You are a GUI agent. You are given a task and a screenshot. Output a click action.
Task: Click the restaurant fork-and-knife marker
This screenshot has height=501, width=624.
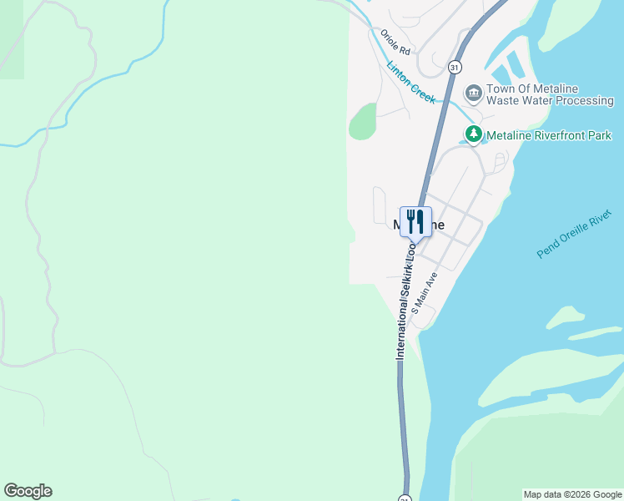coord(415,222)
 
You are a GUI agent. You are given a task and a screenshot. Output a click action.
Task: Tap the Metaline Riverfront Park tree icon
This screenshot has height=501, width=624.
coord(473,134)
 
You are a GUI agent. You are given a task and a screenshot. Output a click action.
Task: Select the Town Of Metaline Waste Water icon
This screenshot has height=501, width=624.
coord(473,92)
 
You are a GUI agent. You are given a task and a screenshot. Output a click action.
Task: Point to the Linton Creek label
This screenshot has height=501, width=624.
coord(410,82)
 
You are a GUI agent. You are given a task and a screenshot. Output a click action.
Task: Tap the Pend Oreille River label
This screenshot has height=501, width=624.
coord(574,235)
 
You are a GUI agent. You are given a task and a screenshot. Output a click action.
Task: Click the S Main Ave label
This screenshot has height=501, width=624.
coord(424,291)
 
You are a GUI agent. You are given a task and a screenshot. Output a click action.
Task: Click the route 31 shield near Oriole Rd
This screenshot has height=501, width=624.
coord(454,66)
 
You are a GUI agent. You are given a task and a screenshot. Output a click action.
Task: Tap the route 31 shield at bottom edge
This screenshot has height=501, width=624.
coord(405,498)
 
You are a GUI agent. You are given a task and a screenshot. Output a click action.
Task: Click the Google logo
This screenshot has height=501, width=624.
coord(28,491)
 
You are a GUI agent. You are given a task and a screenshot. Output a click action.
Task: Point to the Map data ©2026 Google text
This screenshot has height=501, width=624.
coord(571,494)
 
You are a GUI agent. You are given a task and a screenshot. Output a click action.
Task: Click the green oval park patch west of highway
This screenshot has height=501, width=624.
coord(363,121)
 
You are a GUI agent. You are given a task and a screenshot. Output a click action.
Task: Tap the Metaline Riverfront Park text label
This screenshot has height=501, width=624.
coord(549,135)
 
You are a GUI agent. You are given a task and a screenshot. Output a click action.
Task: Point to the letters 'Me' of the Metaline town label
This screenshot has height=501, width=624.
coord(399,225)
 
